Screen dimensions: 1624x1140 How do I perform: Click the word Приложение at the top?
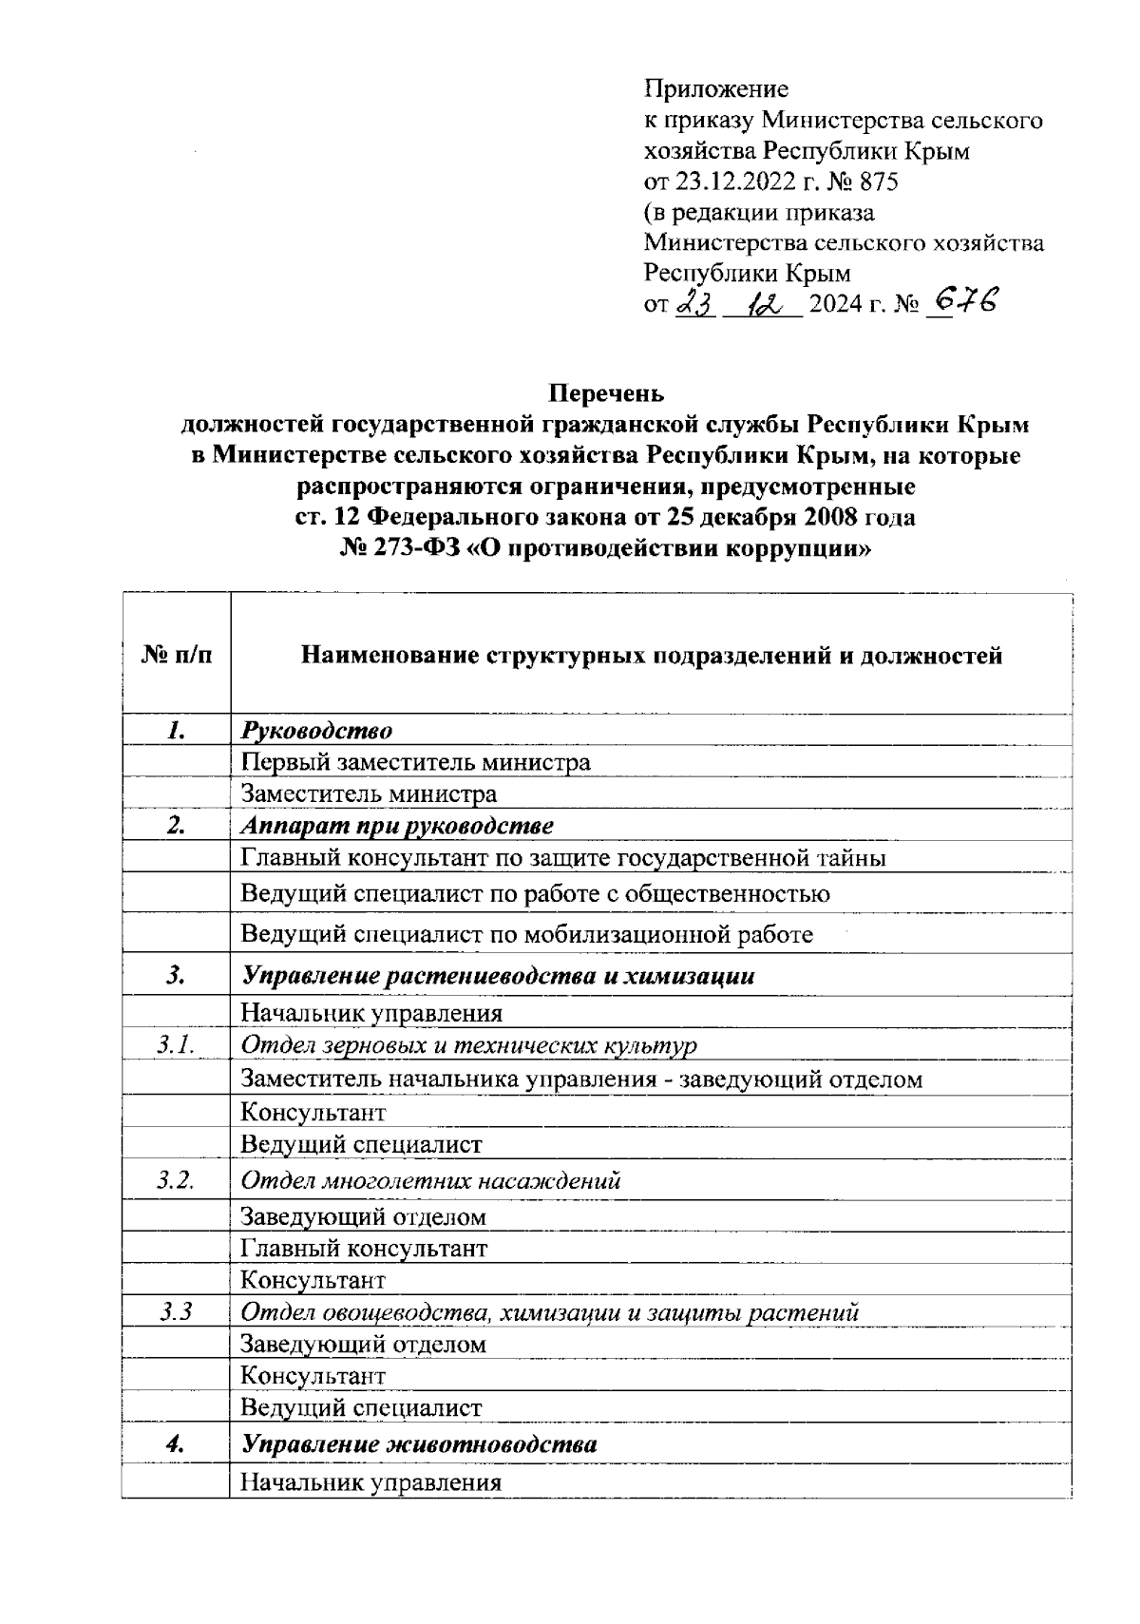(x=716, y=89)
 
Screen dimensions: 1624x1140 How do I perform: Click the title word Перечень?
(x=607, y=392)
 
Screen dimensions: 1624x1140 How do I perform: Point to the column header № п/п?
(x=176, y=655)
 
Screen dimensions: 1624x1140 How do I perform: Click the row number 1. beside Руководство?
(x=175, y=731)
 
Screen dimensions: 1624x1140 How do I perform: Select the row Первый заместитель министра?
(x=415, y=762)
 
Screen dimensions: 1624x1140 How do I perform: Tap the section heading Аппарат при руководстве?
(x=397, y=826)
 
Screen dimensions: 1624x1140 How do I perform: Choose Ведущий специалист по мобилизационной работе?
(x=526, y=934)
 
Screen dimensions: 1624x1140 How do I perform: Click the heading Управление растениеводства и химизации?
(x=498, y=976)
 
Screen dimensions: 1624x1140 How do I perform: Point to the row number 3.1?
(x=176, y=1045)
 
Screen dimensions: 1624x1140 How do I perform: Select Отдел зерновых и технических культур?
(x=468, y=1046)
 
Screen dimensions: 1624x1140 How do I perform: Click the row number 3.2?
(x=176, y=1181)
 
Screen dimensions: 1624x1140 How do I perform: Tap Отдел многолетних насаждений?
(x=430, y=1181)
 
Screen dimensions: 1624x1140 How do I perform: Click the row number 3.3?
(x=176, y=1312)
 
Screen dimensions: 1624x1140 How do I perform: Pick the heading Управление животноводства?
(x=419, y=1445)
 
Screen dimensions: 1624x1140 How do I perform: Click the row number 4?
(x=175, y=1445)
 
